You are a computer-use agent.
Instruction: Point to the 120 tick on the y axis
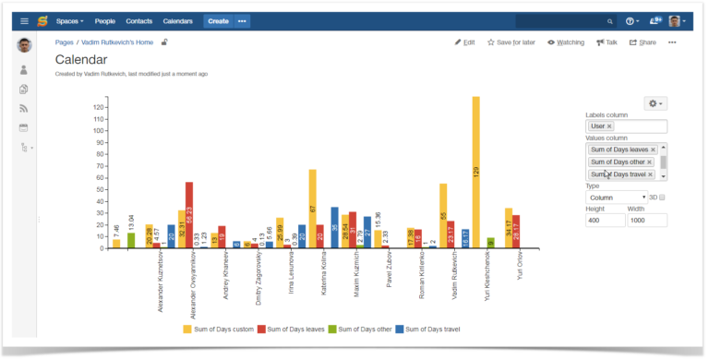pos(99,107)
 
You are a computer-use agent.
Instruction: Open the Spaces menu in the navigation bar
pos(69,20)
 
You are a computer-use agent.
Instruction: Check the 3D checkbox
pos(662,197)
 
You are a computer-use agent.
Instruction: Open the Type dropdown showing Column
pos(617,197)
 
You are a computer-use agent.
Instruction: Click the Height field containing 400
pos(605,221)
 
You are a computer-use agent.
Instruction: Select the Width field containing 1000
pos(648,221)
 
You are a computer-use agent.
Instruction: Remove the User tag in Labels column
pos(609,126)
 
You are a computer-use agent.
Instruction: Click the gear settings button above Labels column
pos(655,104)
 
